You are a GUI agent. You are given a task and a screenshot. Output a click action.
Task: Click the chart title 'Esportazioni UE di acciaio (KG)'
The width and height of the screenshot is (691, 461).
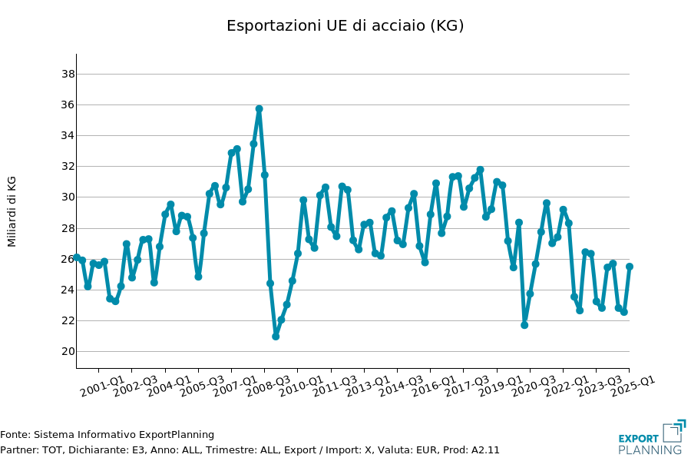pos(345,25)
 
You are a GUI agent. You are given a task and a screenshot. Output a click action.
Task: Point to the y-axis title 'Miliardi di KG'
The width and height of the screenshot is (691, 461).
pos(12,211)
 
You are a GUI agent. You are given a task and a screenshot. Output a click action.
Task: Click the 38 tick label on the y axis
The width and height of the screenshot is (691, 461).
pos(68,74)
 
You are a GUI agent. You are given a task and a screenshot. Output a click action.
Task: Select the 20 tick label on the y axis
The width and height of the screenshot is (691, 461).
pos(68,351)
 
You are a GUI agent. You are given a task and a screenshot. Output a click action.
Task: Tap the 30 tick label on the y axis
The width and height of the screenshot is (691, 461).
pos(68,197)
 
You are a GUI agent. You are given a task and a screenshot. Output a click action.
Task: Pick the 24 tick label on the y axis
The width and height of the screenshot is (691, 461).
pos(68,290)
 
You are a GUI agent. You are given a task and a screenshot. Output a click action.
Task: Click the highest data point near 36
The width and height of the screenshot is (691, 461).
pos(259,109)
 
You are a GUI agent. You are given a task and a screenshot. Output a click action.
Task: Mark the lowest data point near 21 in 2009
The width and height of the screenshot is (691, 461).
pos(276,336)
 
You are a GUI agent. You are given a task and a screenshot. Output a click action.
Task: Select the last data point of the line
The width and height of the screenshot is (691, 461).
pos(629,267)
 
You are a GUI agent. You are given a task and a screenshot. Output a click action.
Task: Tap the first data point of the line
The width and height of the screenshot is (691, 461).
pos(77,257)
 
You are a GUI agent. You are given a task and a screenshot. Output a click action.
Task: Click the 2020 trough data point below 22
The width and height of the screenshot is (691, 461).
pos(524,325)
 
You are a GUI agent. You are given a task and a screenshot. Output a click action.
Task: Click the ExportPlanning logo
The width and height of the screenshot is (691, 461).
pos(651,438)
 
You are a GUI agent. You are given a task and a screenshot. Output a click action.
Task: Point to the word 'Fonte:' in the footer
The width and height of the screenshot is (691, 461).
pos(15,435)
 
